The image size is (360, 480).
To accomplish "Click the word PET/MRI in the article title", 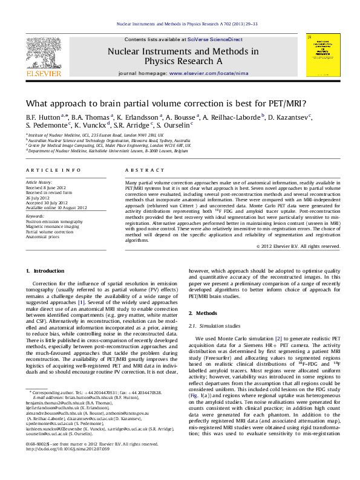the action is click(287, 103).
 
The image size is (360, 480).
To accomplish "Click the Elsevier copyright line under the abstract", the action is click(298, 247).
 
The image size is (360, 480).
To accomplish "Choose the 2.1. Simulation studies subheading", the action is click(215, 326).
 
